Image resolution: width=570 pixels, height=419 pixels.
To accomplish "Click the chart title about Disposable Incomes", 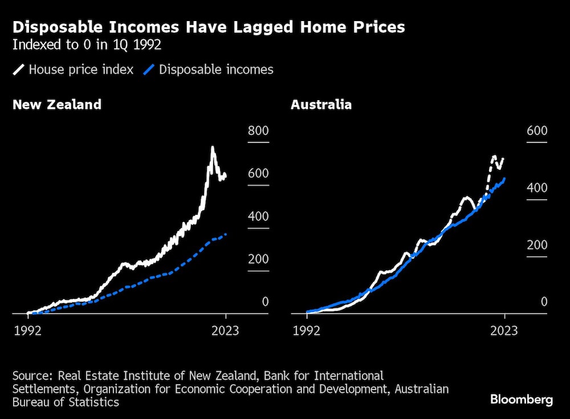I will tap(209, 27).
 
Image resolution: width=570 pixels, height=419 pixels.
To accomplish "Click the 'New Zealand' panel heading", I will tap(57, 105).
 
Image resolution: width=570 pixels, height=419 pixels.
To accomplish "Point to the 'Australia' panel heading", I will tap(321, 105).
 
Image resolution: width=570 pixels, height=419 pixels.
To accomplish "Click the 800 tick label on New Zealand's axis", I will tap(258, 131).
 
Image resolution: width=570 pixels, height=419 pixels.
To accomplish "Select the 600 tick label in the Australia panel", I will tap(536, 131).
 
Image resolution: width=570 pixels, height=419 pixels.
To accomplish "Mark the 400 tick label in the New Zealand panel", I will tap(258, 217).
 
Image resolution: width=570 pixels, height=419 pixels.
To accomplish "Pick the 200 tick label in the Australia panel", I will tap(536, 245).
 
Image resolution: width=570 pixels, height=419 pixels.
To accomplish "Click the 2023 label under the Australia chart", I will tap(504, 331).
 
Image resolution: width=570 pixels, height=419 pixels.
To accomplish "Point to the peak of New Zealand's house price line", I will tap(213, 147).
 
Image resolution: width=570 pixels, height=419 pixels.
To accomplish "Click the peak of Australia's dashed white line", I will tap(494, 156).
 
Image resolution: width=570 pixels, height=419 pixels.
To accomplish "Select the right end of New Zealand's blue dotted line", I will tap(226, 234).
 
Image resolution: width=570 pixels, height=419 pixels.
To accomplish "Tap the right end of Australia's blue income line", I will tap(504, 179).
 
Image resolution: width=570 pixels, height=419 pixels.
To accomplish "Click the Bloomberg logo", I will tap(521, 400).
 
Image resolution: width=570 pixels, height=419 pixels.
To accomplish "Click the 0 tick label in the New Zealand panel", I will tap(264, 302).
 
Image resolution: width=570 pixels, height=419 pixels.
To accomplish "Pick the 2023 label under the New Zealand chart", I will tap(225, 331).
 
